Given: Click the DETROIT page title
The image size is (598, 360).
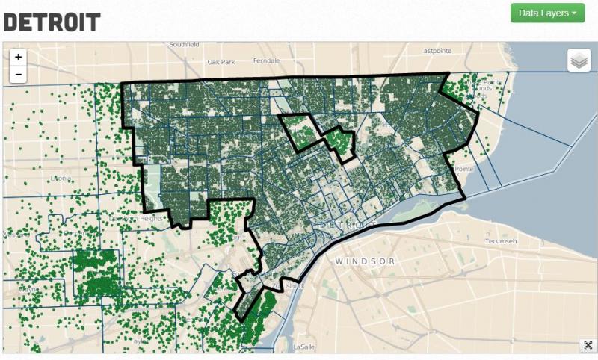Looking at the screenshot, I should [52, 22].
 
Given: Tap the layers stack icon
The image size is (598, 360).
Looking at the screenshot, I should [579, 60].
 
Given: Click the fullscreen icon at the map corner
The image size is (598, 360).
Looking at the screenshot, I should [588, 345].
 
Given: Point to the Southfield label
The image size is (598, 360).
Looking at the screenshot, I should [185, 45].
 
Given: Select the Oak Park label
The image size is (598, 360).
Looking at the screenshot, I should [221, 61].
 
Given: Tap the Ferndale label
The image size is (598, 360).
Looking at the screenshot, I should [266, 60].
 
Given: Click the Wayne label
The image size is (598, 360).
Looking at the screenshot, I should [28, 290].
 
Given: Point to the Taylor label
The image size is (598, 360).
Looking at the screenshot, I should [136, 340].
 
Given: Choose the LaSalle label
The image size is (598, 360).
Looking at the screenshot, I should [304, 347].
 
